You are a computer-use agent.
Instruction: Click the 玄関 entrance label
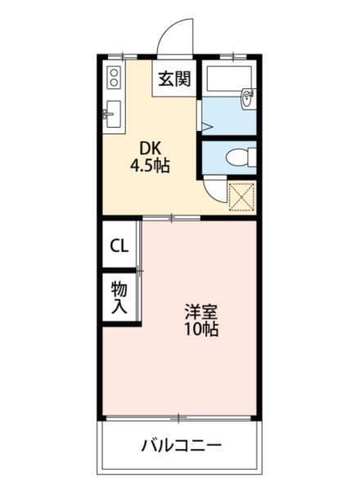[173, 79]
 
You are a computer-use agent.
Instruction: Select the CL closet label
[119, 245]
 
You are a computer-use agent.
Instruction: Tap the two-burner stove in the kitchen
[113, 79]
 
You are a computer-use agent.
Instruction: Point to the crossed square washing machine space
[241, 196]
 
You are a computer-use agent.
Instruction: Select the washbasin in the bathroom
[247, 100]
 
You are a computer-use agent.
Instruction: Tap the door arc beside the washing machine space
[214, 190]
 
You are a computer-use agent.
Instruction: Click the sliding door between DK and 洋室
[172, 218]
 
